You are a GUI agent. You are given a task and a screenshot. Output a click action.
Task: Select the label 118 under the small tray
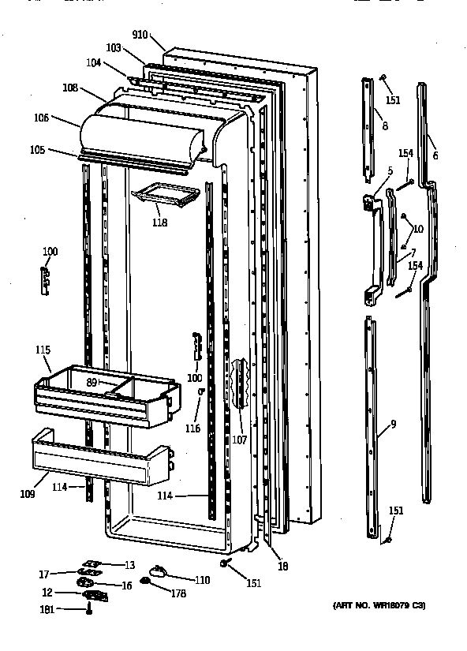click(160, 223)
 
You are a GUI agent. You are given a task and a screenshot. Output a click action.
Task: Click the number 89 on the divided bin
click(92, 382)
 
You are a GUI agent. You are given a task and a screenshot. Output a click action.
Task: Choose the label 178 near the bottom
click(178, 593)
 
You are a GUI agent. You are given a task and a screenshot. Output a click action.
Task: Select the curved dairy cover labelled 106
click(142, 134)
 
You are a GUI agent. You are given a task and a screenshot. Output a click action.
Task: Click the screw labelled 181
click(89, 610)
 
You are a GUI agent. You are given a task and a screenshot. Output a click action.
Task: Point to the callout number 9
click(393, 425)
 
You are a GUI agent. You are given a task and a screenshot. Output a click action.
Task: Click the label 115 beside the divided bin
click(43, 349)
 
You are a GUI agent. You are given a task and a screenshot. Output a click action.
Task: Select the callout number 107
click(239, 440)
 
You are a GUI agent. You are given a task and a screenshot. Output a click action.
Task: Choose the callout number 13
click(129, 564)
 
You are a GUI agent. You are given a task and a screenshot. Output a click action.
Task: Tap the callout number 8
click(384, 125)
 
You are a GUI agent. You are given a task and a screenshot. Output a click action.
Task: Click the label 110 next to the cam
click(203, 580)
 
